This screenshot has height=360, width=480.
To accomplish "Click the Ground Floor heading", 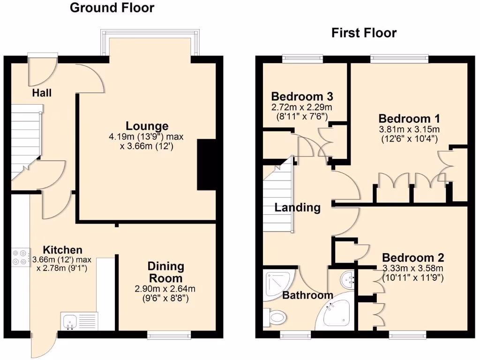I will tap(112, 8).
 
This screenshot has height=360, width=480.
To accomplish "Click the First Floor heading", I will tap(364, 33).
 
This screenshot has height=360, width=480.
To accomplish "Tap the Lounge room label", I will tap(147, 126).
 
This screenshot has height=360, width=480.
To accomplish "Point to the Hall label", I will tap(42, 93).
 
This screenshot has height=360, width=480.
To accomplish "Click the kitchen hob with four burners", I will tap(20, 257).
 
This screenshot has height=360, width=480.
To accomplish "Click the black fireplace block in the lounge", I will tap(206, 165).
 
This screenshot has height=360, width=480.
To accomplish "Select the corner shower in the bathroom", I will tap(277, 283).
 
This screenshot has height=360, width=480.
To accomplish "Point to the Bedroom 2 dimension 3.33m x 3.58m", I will tap(412, 269).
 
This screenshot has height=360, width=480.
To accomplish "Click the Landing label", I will tap(297, 207).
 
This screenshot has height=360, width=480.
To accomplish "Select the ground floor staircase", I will tap(26, 141).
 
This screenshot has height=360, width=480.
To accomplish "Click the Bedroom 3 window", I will tap(302, 59).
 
